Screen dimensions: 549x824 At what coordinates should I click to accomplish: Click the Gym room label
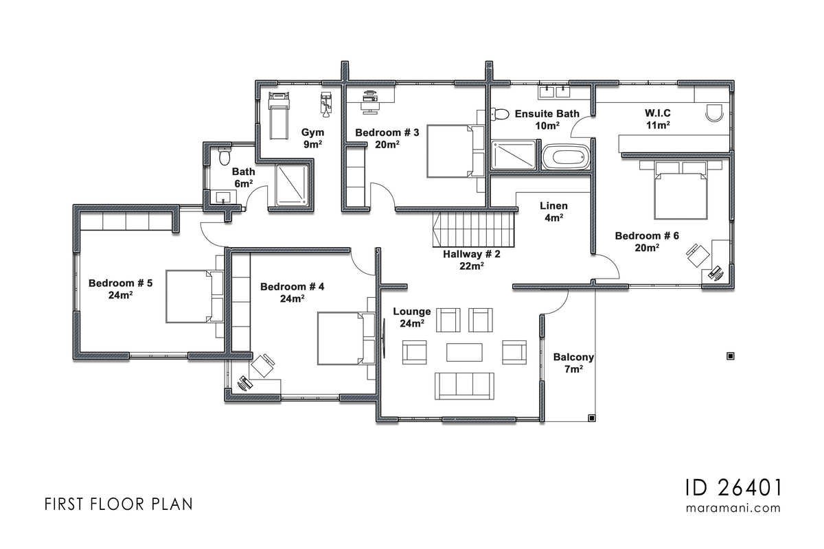(x=312, y=138)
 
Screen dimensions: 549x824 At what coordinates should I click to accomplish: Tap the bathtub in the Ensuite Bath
(x=566, y=156)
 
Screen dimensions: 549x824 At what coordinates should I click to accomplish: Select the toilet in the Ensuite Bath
(x=501, y=114)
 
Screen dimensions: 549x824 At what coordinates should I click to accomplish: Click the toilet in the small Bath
(x=222, y=156)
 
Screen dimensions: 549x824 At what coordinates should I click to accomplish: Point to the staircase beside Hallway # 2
(x=474, y=229)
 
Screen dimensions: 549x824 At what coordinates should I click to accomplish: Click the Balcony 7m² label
(x=573, y=363)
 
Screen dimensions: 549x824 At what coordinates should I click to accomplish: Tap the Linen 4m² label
(x=553, y=211)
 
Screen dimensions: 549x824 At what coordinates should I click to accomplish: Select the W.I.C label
(x=657, y=119)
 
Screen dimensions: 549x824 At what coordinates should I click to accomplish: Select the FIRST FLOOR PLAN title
(x=118, y=504)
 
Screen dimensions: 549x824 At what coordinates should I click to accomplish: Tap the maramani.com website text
(x=733, y=509)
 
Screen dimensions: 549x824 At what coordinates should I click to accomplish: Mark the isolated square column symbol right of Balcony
(x=730, y=355)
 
